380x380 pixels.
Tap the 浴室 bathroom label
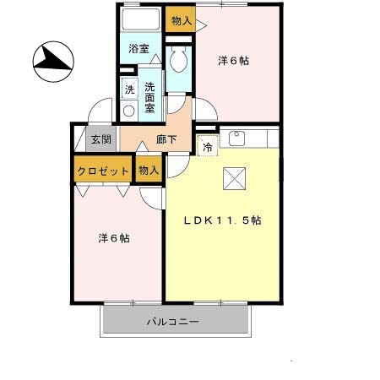tap(139, 49)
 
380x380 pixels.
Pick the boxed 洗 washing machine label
tap(129, 90)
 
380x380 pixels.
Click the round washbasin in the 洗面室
tap(129, 110)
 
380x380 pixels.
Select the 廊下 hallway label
tap(167, 140)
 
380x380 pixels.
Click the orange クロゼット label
tap(103, 171)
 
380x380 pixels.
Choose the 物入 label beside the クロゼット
tap(149, 171)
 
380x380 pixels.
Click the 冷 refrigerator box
tap(207, 145)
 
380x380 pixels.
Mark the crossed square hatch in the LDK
tap(233, 178)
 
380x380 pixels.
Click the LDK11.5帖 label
tap(223, 220)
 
